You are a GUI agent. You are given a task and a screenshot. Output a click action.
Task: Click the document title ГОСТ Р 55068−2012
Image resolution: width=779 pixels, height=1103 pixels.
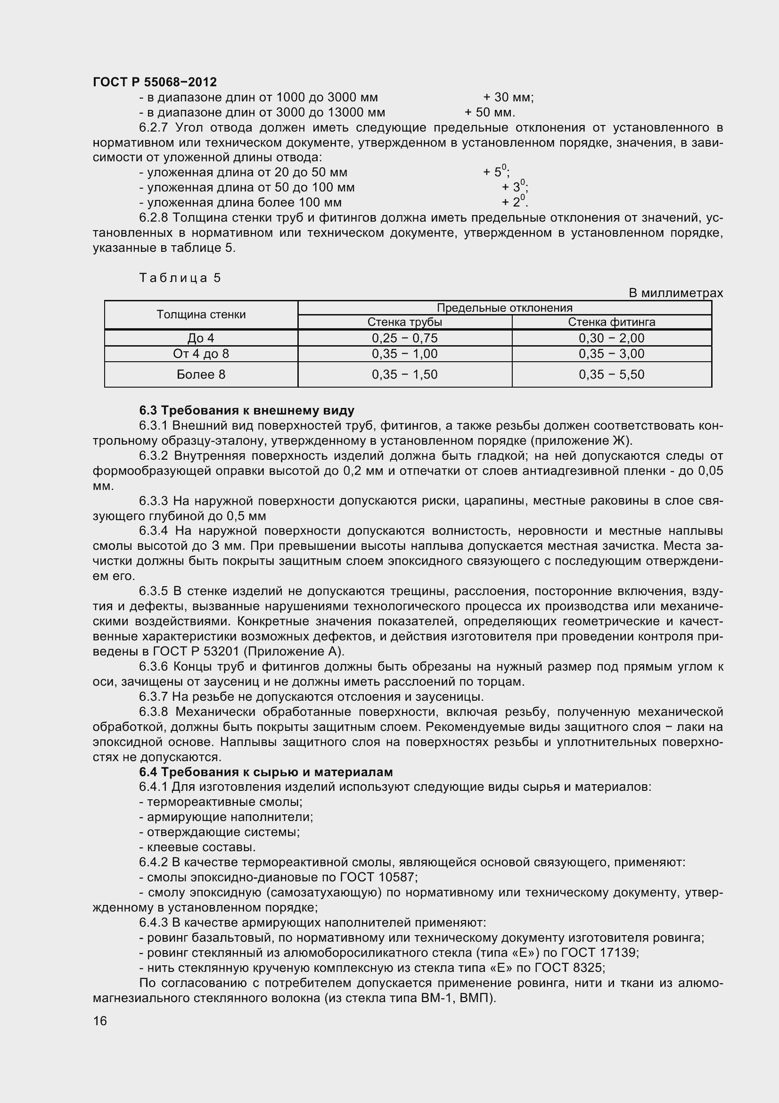point(155,82)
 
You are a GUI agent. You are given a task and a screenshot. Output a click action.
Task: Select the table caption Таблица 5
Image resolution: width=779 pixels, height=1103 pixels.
point(180,278)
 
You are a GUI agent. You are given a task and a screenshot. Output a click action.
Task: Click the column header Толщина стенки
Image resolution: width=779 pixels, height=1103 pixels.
point(201,315)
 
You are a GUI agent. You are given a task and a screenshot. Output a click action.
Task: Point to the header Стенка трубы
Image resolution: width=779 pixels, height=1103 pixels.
point(405,322)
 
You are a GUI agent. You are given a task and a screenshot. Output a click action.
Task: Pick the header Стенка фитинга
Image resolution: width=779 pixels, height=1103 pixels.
point(612,322)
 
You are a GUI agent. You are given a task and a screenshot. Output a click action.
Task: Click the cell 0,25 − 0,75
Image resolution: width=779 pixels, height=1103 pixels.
point(405,338)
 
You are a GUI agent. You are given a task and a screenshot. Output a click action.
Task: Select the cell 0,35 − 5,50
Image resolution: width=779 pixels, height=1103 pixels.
point(612,374)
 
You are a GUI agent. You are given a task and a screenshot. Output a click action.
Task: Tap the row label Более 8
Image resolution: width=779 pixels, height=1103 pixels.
point(201,374)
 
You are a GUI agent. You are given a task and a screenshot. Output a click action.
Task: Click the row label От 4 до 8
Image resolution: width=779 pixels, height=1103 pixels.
point(201,354)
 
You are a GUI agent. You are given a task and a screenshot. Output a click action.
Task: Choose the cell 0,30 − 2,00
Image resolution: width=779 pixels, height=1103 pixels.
point(612,338)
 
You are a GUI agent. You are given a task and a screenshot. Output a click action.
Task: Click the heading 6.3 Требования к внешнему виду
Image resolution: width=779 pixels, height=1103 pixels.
point(247,410)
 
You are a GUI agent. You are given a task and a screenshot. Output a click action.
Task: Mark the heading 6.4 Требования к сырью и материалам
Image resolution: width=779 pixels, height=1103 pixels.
point(266,772)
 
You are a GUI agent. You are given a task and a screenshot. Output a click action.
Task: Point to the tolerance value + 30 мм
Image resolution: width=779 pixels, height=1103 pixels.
point(508,98)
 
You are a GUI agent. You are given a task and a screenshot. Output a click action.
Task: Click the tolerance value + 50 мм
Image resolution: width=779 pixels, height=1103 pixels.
point(489,112)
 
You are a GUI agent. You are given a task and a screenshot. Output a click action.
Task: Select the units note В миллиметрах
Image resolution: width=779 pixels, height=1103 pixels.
point(675,293)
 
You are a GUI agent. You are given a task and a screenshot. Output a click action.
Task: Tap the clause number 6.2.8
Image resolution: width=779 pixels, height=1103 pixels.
point(153,218)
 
